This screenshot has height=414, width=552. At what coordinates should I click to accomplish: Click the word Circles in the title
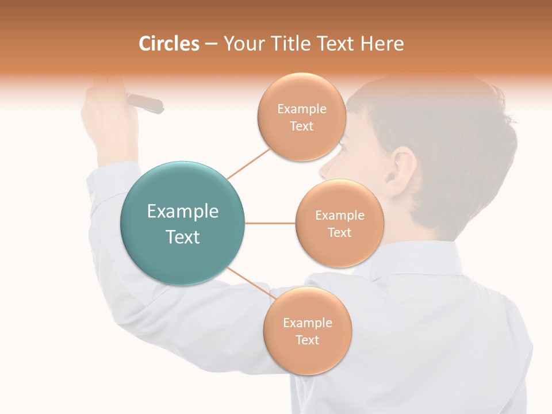click(x=168, y=44)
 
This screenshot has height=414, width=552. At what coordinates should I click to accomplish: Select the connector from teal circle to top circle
click(x=248, y=163)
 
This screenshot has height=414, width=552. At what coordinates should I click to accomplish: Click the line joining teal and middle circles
click(x=270, y=223)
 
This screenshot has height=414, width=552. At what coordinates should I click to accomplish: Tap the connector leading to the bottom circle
click(x=251, y=283)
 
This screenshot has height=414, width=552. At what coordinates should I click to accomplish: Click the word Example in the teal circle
click(x=182, y=212)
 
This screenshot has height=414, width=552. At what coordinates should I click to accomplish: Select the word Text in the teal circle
click(x=182, y=237)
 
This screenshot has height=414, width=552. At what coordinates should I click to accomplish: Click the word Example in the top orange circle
click(x=301, y=109)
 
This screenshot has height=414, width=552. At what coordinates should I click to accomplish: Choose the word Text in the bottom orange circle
click(x=307, y=340)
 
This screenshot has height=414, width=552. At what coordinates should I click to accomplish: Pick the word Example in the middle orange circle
click(x=339, y=216)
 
